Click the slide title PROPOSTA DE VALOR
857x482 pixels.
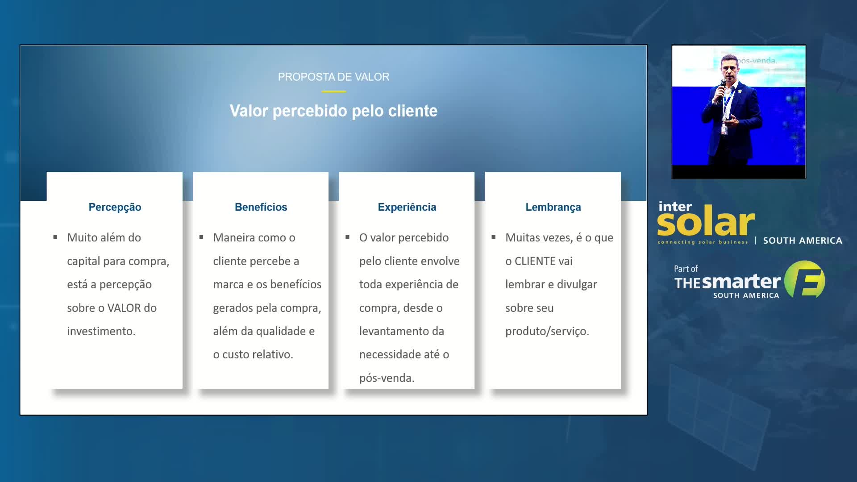coord(333,77)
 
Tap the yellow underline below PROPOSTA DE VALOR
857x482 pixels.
coord(333,91)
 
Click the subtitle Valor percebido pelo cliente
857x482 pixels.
coord(333,111)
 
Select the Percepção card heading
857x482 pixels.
coord(115,207)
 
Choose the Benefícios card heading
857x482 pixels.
coord(261,207)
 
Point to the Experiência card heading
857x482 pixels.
coord(407,207)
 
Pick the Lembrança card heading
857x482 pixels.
coord(553,207)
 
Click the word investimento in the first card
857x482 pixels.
coord(101,331)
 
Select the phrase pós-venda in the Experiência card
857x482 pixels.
coord(387,378)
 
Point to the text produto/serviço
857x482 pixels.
coord(547,331)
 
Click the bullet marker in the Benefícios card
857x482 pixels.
coord(201,237)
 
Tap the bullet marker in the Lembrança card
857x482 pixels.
coord(493,237)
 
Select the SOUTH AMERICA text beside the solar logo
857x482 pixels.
coord(803,241)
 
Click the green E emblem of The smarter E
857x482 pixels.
coord(805,279)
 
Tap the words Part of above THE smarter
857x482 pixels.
coord(686,269)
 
